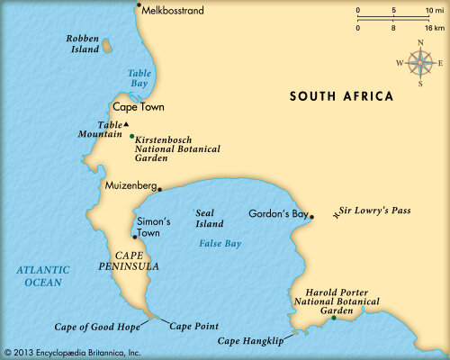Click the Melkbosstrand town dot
(x=139, y=5)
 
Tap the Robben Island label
(x=82, y=44)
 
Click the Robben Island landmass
(x=107, y=45)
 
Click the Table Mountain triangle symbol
(x=127, y=123)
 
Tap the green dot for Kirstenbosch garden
(x=131, y=137)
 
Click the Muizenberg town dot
(x=158, y=189)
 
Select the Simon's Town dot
(x=134, y=238)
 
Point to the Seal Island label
(x=210, y=218)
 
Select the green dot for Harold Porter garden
(x=332, y=318)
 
